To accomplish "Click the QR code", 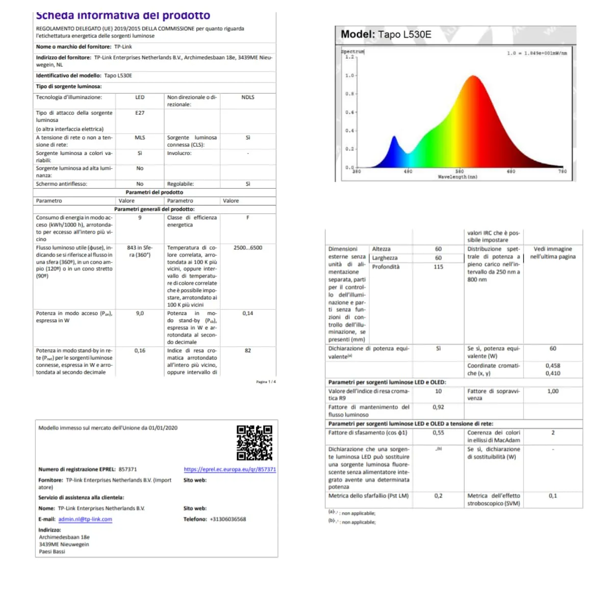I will coord(254,443).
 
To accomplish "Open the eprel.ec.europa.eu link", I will coord(229,469).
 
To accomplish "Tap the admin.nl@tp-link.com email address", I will coord(85,519).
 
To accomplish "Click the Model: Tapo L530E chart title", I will coord(386,35).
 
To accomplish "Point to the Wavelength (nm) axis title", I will coord(457,177).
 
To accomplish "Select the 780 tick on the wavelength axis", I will coord(562,171).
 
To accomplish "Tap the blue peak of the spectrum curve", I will coord(394,137).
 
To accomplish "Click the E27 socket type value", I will coord(140,113).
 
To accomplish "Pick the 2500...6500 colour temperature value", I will coord(248,248).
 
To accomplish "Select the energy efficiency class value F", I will coord(248,218).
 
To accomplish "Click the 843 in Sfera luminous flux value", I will coord(140,251).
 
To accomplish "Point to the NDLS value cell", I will coord(248,97).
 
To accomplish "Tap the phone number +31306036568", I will coord(228,519).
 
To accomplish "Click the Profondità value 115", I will coord(438,267).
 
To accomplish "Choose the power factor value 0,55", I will coord(438,432).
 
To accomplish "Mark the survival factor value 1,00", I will coord(553,391).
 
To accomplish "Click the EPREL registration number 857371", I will coord(127,469).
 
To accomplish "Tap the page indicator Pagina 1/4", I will coord(266,381).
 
